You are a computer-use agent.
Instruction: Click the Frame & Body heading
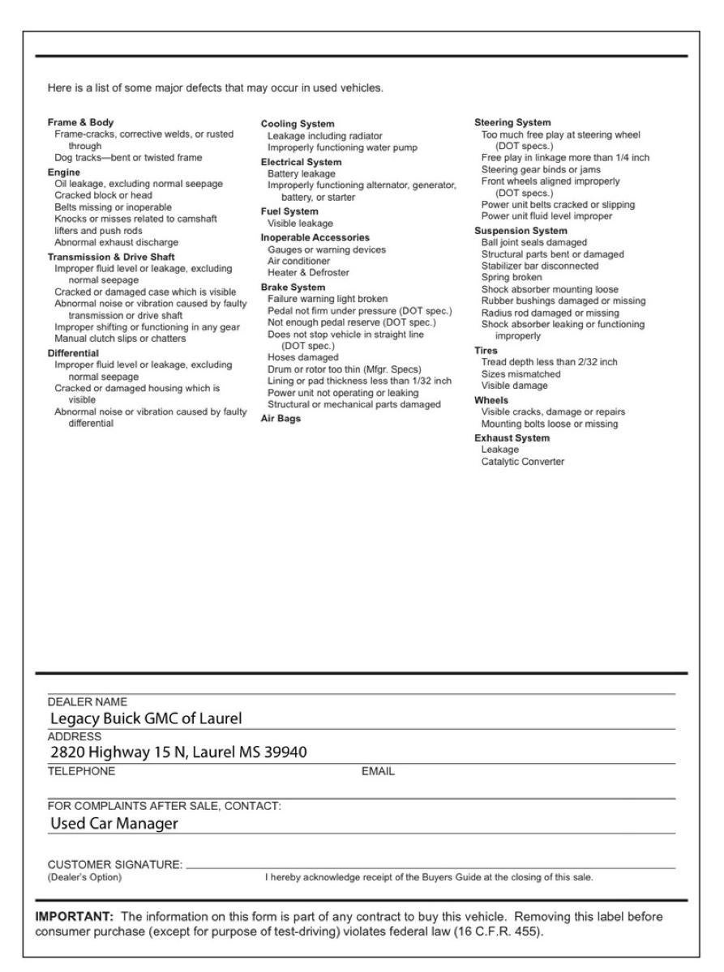coord(81,122)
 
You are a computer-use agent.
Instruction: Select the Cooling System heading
coord(297,124)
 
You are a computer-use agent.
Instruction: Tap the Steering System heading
coord(512,122)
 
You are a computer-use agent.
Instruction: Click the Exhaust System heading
coord(512,437)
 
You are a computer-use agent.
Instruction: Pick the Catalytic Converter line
coord(523,462)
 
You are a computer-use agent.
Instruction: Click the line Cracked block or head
coord(103,195)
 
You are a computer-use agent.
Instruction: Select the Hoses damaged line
coord(303,357)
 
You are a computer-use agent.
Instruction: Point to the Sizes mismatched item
coord(521,374)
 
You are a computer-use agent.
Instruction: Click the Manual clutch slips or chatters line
coord(120,338)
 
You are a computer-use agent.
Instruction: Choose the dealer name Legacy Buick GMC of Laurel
coord(147,718)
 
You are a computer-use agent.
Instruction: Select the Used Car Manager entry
coord(114,824)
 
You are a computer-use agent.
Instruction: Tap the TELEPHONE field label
coord(81,772)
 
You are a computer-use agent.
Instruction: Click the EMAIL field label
coord(378,772)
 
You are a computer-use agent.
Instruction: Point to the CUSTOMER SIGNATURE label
coord(116,866)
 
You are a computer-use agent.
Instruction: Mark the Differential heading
coord(73,353)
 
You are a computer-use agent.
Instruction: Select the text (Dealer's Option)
coord(84,877)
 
